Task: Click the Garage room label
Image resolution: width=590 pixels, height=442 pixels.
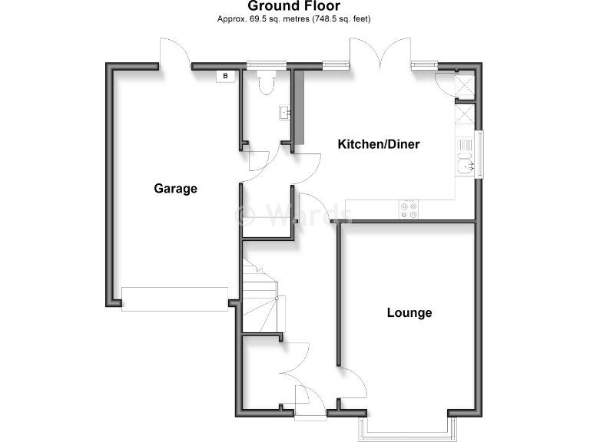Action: pos(175,188)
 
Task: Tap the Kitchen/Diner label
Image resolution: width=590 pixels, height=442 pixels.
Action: pos(380,144)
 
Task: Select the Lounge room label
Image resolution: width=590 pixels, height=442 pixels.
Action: pos(409,312)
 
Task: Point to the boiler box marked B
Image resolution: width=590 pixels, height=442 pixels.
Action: pos(225,75)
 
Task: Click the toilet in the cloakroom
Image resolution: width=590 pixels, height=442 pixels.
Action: pos(266,83)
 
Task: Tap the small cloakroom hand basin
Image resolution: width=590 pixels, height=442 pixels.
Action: pos(285,114)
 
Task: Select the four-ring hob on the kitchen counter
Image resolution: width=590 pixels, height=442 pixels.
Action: pos(408,209)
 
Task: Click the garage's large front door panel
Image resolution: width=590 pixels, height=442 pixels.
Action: pos(174,299)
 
